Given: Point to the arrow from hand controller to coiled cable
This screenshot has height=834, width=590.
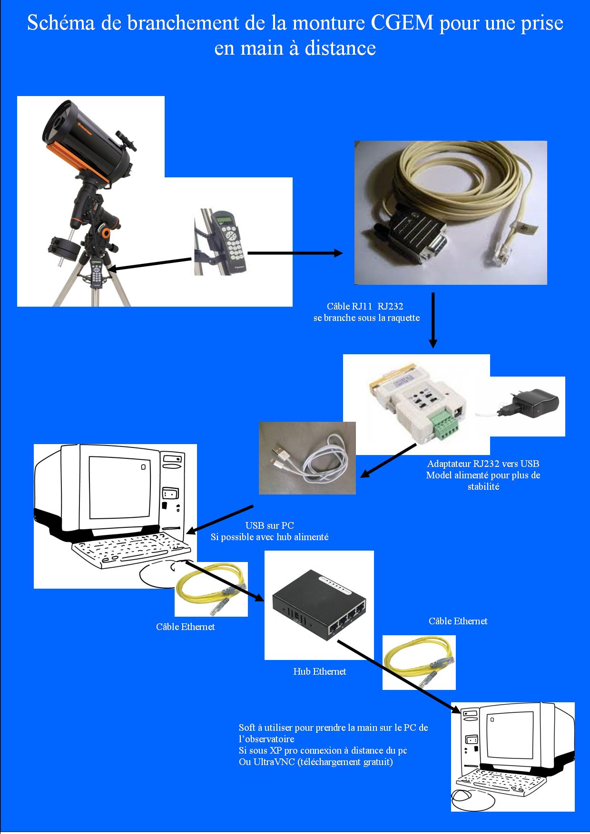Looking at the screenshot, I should [295, 253].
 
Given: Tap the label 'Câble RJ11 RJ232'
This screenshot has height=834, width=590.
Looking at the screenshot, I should [365, 306].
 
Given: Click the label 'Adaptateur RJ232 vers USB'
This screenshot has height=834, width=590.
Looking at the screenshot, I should [483, 464].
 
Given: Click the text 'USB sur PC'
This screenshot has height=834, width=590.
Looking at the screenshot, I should [269, 525].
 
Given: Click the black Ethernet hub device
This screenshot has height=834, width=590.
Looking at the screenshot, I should [319, 604].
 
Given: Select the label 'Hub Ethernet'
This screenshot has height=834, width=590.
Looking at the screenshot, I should [320, 671].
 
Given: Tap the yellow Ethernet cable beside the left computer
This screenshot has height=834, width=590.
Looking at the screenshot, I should [211, 590].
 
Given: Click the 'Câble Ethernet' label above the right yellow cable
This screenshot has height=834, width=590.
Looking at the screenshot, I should [458, 621].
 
